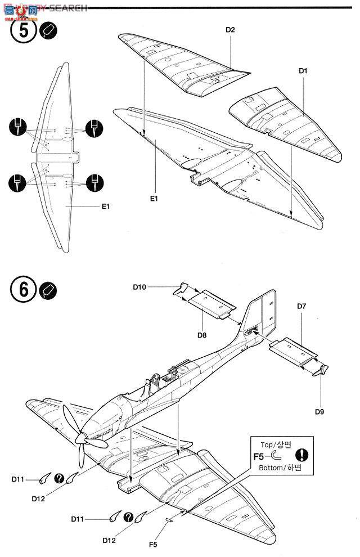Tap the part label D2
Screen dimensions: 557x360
230,30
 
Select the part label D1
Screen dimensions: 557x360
303,71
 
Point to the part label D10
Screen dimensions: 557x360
140,287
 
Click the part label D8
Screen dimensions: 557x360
202,335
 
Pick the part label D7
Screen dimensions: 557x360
301,306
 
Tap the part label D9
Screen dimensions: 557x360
319,411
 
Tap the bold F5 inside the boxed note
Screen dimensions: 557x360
259,456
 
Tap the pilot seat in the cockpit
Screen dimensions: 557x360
147,388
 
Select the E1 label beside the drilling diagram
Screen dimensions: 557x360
105,206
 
